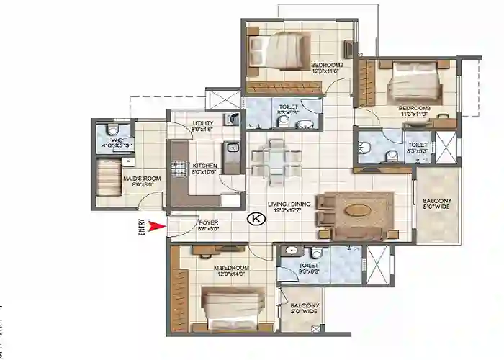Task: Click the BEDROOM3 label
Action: coord(413,110)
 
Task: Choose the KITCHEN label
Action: coord(204,168)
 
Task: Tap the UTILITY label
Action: coord(202,127)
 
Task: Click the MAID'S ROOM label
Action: coord(143,179)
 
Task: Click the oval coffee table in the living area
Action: coord(358,211)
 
